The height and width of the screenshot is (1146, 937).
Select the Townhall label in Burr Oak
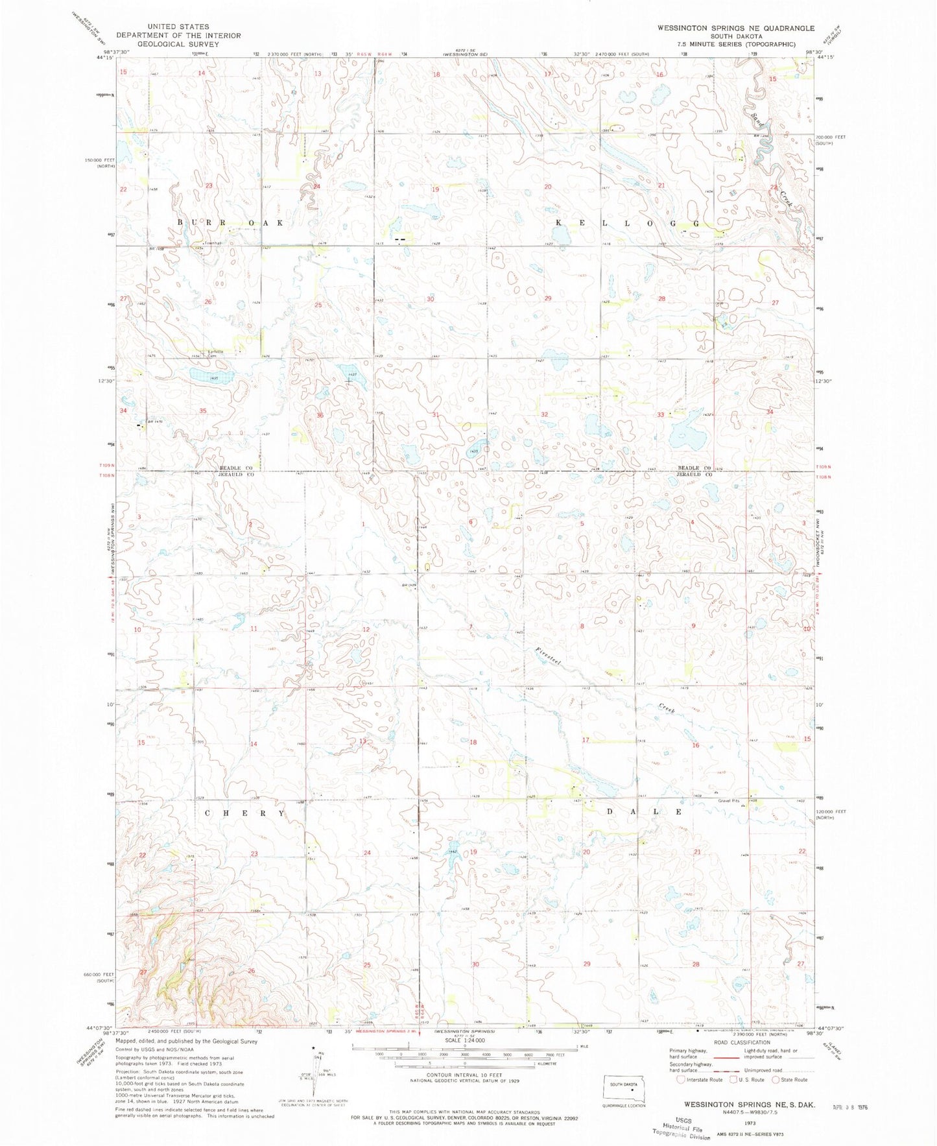point(213,243)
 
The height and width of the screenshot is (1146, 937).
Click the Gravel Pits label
point(728,800)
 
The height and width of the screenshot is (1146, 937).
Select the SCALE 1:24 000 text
point(464,1058)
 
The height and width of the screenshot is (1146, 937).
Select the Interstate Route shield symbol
point(680,1080)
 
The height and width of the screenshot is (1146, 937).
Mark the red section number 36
point(320,415)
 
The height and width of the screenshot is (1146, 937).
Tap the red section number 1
point(364,524)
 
